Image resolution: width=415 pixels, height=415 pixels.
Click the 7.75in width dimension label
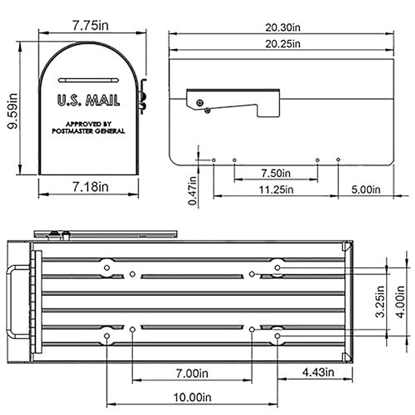click(90, 26)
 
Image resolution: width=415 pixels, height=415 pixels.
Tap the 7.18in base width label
click(90, 187)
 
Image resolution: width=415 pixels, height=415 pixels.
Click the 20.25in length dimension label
click(283, 44)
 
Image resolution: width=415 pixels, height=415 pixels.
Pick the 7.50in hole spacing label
click(276, 173)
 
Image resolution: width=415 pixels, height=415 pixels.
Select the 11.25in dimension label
click(276, 190)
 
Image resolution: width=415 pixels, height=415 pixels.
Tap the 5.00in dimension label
click(366, 190)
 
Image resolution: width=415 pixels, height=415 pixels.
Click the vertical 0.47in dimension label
click(192, 191)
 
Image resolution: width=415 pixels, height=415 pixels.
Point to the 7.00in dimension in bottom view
click(192, 373)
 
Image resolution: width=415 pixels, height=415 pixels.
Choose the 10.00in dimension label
click(192, 397)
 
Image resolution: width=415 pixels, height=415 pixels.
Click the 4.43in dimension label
click(318, 372)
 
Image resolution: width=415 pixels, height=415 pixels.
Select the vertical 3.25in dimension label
click(380, 301)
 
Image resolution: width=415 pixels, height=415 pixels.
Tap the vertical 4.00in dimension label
click(400, 301)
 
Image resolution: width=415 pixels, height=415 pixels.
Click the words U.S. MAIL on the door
click(89, 100)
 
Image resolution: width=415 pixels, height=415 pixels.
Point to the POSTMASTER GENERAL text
click(88, 131)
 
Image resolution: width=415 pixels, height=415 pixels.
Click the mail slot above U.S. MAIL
click(89, 80)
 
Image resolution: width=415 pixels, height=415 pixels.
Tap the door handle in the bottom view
click(14, 301)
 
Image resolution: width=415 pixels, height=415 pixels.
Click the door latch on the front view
click(142, 96)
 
